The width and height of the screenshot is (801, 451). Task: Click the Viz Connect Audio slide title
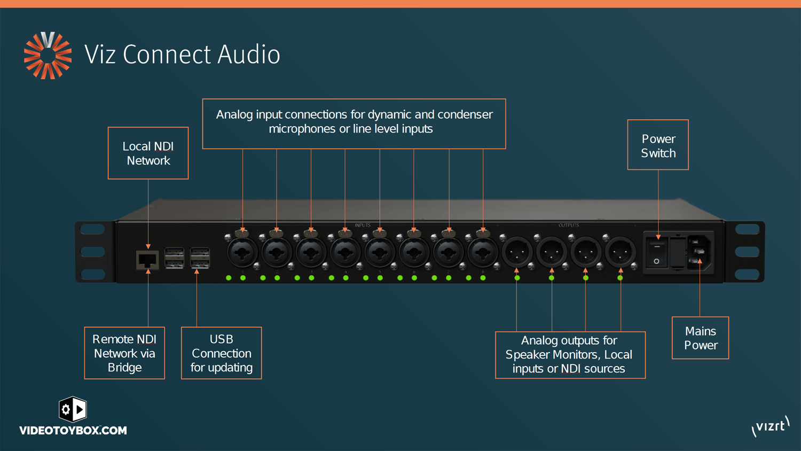coord(182,55)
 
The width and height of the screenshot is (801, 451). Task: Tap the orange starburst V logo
coord(48,56)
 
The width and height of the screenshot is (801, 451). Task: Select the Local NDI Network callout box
coord(148,153)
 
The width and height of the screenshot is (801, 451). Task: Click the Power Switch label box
coord(658,145)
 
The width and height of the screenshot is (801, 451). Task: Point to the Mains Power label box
coord(700,338)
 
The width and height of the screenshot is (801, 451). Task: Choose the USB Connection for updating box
coord(221,353)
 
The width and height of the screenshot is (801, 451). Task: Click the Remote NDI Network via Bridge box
coord(124,353)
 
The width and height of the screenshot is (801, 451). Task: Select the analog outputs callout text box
coord(570,355)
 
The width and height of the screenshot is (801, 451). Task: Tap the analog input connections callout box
coord(354,123)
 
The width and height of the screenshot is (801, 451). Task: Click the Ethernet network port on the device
coord(147,260)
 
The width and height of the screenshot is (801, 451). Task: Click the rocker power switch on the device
coord(657,254)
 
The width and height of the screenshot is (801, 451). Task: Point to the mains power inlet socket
coord(698,252)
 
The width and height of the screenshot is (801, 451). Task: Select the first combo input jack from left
coord(242,252)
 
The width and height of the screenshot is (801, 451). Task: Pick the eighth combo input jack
coord(483,252)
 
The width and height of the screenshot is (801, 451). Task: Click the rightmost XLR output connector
coord(620,252)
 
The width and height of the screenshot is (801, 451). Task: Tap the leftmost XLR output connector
coord(517,252)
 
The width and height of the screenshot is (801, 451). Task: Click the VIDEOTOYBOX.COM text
coord(73,431)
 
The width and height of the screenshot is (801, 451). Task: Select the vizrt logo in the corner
coord(770,426)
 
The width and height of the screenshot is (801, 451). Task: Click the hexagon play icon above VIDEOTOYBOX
coord(73,409)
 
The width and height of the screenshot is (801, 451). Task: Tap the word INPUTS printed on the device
coord(363,226)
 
